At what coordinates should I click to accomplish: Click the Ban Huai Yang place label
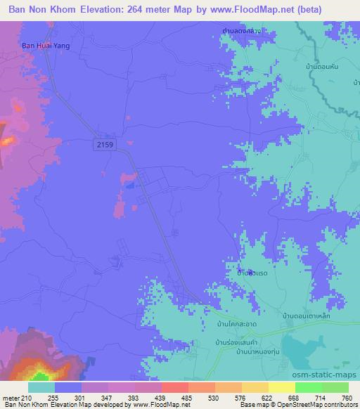pos(38,47)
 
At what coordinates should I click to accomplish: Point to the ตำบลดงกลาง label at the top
pos(236,32)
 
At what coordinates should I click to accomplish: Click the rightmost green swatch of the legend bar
pos(335,387)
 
